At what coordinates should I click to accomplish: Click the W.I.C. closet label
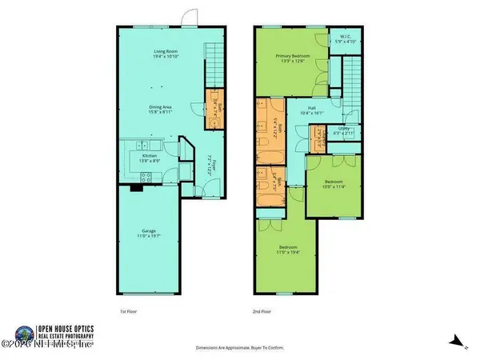tap(346, 36)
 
